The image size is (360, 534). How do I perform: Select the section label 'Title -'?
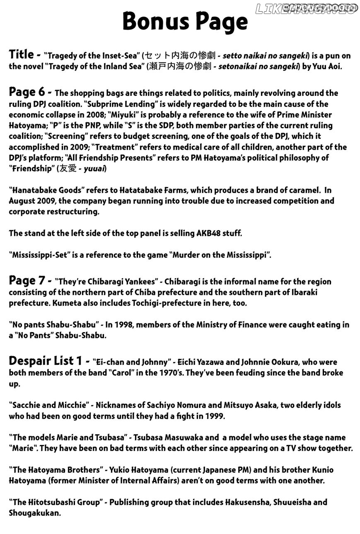pyautogui.click(x=24, y=54)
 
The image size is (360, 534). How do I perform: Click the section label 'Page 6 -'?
pyautogui.click(x=30, y=92)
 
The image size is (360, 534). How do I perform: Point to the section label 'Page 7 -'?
pyautogui.click(x=30, y=281)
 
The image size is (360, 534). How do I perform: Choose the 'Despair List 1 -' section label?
pyautogui.click(x=49, y=361)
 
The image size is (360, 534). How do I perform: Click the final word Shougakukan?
pyautogui.click(x=34, y=513)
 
